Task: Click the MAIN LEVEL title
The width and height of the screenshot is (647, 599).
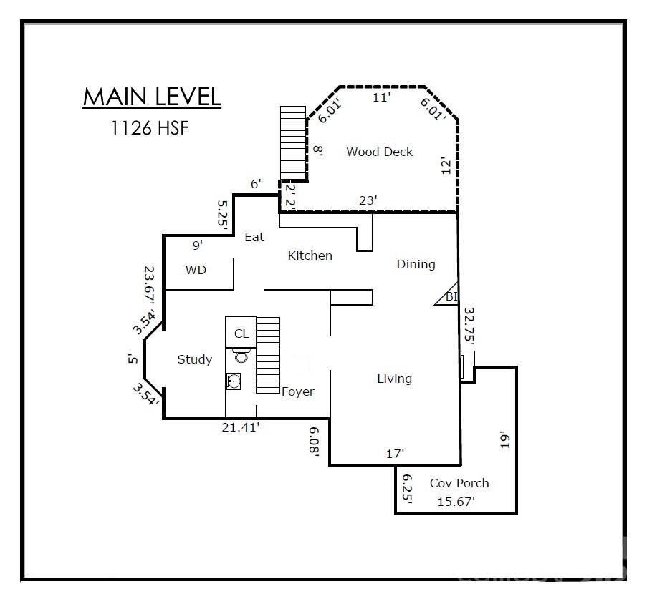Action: click(152, 97)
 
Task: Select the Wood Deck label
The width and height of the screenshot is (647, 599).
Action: click(379, 152)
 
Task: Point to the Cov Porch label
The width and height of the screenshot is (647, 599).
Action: click(459, 483)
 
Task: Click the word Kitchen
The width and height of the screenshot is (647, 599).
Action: click(310, 255)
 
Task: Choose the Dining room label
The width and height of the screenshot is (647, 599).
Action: click(416, 264)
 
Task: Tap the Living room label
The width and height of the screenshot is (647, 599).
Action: click(394, 379)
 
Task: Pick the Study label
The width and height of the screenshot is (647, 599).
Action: click(194, 359)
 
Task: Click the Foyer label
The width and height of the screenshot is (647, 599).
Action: click(297, 391)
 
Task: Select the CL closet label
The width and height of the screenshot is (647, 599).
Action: click(241, 333)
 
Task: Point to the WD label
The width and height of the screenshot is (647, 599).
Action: click(196, 270)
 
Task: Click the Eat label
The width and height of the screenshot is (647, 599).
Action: click(254, 237)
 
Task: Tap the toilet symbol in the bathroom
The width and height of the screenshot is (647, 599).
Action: click(240, 356)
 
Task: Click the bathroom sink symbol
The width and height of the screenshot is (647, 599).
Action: click(234, 381)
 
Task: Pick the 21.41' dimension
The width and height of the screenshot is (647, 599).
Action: click(239, 427)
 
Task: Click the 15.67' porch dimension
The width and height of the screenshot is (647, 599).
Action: click(456, 502)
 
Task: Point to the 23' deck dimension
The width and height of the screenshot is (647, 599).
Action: click(368, 201)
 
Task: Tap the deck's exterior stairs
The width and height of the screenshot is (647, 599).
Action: click(292, 143)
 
